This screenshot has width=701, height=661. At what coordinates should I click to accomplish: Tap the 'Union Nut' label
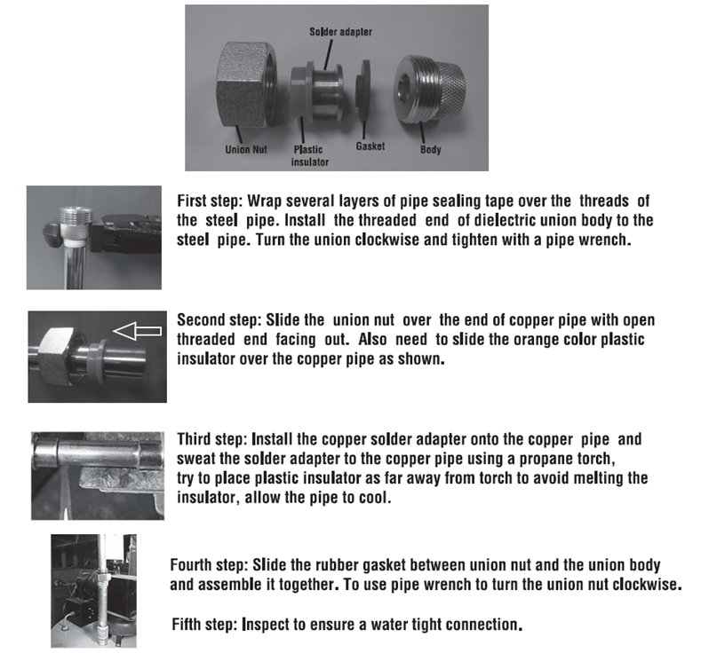click(x=245, y=149)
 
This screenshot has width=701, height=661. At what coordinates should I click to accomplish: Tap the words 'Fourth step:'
click(x=210, y=565)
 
